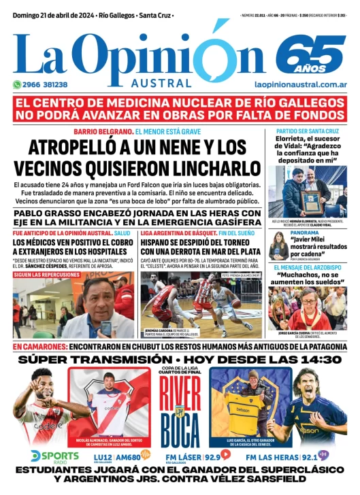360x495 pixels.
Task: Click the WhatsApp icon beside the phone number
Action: [x=17, y=84]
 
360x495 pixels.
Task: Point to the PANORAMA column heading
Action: [x=304, y=233]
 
